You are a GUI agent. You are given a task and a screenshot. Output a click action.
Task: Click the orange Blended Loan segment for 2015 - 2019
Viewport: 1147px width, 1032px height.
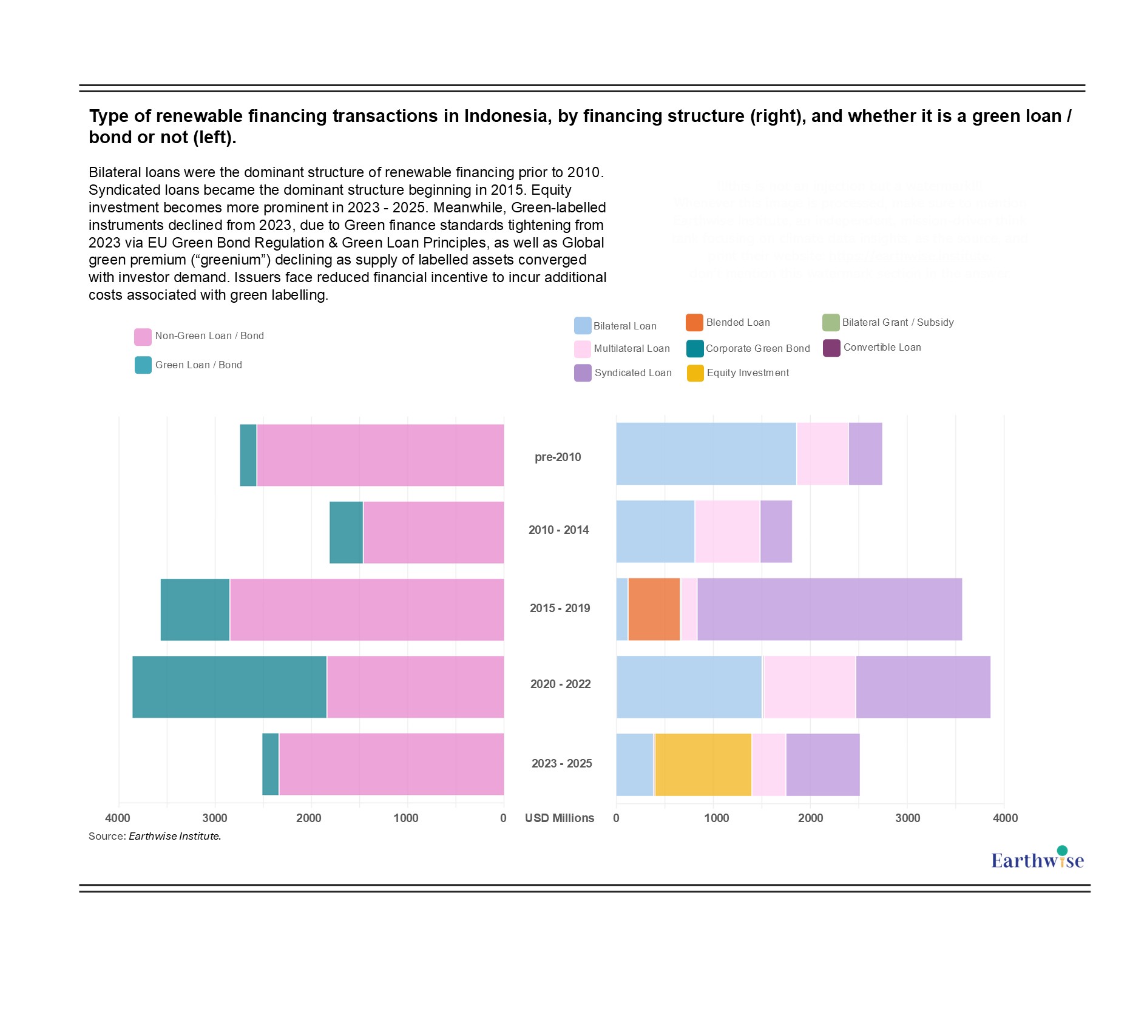pos(654,609)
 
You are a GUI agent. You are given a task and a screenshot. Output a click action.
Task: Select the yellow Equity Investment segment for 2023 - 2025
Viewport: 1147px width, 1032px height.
pos(703,764)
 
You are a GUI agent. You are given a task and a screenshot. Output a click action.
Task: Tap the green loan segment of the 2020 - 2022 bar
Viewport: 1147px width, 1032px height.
pos(229,687)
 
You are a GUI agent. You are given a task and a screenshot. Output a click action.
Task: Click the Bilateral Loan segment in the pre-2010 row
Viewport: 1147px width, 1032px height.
pos(706,454)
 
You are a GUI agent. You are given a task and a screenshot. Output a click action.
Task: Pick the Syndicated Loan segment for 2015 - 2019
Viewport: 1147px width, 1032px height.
pos(830,609)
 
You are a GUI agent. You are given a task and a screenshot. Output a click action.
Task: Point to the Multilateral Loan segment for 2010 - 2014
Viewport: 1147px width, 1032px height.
pos(727,531)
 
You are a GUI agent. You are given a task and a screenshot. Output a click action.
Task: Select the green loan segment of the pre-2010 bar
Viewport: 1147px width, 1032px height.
pos(248,455)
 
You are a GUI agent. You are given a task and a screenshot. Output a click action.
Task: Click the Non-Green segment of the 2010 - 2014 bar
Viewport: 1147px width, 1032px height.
pos(433,532)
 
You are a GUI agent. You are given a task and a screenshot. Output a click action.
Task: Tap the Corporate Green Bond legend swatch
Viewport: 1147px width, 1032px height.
pos(695,349)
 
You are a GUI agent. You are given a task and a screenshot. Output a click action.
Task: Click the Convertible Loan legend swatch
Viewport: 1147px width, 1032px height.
pos(831,348)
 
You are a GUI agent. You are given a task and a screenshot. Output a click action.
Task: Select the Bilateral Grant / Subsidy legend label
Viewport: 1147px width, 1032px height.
pos(898,322)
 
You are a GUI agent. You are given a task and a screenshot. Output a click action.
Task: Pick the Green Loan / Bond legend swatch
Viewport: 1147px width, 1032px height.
pos(143,365)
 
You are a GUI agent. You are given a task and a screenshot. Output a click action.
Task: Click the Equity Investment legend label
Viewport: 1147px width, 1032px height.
pos(748,373)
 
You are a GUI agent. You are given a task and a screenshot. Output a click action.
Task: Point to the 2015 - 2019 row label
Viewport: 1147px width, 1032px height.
pos(560,608)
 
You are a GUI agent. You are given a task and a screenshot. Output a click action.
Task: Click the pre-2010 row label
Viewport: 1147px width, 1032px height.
pos(558,457)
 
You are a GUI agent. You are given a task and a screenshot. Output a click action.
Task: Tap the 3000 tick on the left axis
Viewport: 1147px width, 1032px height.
pos(215,818)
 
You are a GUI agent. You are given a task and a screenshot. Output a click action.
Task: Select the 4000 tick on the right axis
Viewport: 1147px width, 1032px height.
pos(1005,818)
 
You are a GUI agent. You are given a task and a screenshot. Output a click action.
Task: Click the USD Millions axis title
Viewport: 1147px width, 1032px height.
pos(560,818)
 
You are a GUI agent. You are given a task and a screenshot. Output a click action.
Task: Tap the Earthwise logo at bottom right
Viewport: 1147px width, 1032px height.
pos(1037,859)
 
